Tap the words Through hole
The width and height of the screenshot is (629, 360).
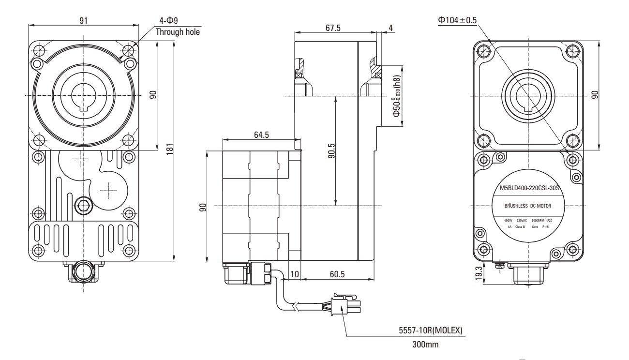[x=177, y=32]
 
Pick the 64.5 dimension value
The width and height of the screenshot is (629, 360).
[x=261, y=135]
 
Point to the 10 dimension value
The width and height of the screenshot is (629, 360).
[x=295, y=274]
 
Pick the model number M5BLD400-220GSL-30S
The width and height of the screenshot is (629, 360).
[x=528, y=188]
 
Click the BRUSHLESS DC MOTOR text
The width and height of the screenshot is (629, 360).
[x=528, y=206]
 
